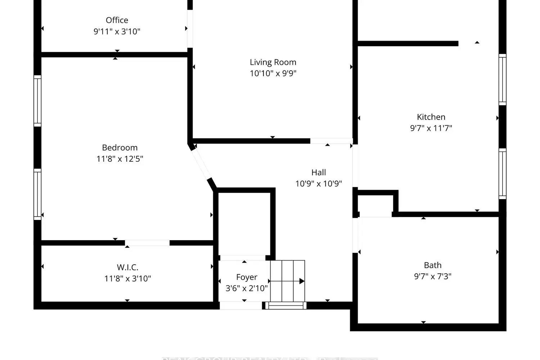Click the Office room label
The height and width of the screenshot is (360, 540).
(117, 20)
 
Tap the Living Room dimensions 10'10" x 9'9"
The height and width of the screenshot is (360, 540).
(273, 73)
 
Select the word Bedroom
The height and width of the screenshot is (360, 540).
(120, 148)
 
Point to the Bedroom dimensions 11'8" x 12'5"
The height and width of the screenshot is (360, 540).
(120, 159)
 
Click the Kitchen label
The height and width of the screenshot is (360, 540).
(431, 117)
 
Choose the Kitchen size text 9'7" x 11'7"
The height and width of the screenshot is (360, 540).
(431, 128)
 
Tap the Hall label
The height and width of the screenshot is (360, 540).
(319, 172)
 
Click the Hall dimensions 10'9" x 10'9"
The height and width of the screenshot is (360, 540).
(319, 184)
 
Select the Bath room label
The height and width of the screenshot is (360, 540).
(432, 265)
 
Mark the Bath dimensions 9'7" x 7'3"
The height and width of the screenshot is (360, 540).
(432, 276)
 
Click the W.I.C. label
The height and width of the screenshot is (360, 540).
(127, 267)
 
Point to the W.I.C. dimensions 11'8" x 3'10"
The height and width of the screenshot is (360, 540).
(127, 279)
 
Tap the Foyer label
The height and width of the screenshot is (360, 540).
(247, 277)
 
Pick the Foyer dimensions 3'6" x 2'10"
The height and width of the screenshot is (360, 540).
(247, 288)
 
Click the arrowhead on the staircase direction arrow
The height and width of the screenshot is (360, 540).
(302, 281)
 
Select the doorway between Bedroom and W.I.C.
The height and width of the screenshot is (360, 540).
(147, 243)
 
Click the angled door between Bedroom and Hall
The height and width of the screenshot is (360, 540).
(201, 164)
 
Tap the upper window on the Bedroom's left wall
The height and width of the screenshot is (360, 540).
(37, 101)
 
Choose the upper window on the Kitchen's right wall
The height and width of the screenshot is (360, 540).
(502, 80)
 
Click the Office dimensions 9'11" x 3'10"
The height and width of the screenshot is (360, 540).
(117, 31)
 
